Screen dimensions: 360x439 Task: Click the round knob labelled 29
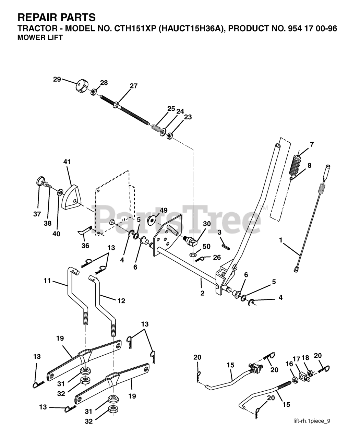(82, 84)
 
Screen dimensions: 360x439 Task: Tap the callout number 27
(133, 86)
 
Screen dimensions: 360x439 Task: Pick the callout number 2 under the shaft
(202, 293)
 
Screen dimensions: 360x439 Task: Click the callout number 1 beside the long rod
(281, 240)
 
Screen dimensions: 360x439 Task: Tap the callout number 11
(47, 281)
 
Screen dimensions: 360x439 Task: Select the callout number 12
(121, 301)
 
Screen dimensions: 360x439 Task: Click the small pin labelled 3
(226, 245)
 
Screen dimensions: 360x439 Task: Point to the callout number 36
(85, 246)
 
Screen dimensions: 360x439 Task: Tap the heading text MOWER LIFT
(40, 38)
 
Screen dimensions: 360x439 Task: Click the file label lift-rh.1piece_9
(311, 421)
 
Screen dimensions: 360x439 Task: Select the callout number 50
(206, 246)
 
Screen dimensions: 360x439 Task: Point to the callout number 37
(37, 214)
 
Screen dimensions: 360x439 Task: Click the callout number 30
(207, 224)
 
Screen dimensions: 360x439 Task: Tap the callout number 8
(309, 165)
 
